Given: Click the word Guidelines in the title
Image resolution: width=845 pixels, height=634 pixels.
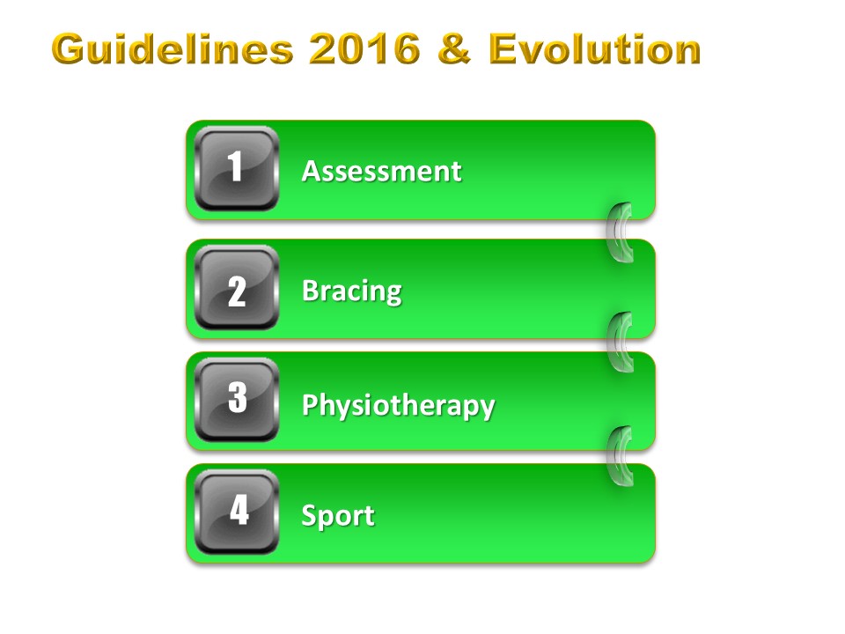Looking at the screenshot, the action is [173, 49].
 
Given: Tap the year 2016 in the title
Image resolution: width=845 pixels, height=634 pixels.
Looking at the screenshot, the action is [364, 49].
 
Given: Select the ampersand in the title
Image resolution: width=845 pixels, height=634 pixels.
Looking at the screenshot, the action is [454, 49].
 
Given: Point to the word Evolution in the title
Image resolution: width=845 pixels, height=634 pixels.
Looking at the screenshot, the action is [594, 49].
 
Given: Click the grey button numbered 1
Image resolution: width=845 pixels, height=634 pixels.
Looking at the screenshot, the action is [237, 169].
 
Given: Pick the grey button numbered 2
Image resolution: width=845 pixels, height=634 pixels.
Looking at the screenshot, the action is [237, 287].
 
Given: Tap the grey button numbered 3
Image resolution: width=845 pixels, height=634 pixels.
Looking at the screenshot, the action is [237, 400].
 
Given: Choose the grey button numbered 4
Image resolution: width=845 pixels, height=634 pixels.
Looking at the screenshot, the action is [237, 512].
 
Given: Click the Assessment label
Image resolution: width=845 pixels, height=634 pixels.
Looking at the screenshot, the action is [381, 172].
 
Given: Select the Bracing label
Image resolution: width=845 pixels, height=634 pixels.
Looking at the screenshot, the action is [352, 291].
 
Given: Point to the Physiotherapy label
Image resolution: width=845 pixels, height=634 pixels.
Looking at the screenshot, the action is [398, 405].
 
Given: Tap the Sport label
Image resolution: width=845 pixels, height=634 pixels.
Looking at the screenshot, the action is [338, 517].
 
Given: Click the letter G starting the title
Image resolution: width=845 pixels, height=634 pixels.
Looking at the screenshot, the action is [70, 49].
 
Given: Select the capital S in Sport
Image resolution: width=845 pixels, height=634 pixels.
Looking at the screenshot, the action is [309, 515].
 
